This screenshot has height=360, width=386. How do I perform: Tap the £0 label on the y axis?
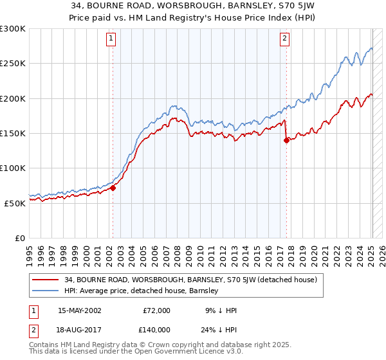(x=19, y=238)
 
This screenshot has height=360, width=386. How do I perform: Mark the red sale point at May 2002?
(x=113, y=188)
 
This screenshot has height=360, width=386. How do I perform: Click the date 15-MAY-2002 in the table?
(x=79, y=310)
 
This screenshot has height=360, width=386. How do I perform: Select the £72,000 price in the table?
(x=156, y=310)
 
